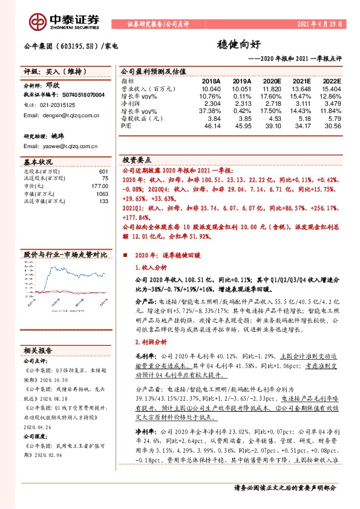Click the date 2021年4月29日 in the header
[319, 25]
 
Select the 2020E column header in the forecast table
[270, 80]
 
